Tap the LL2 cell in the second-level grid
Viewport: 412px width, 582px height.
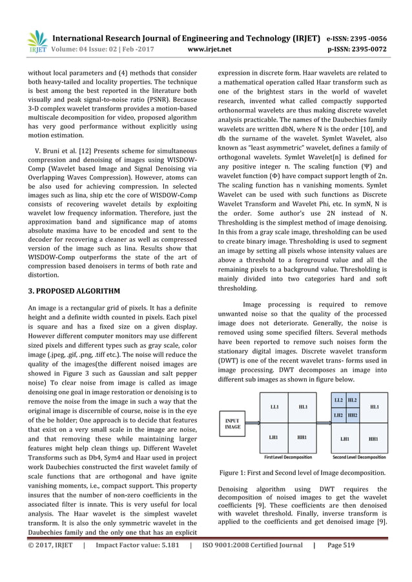coord(338,401)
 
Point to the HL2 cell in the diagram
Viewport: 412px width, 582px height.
coord(353,401)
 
